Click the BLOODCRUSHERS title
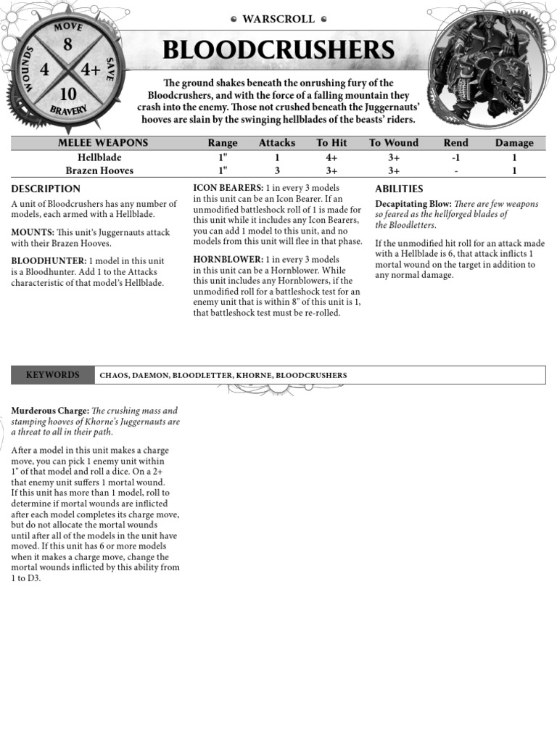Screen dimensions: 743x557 click(278, 50)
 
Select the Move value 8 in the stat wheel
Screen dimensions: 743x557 click(67, 45)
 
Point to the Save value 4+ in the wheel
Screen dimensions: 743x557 click(90, 70)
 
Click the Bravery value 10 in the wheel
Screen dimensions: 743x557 click(68, 94)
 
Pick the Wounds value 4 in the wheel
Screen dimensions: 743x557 click(45, 70)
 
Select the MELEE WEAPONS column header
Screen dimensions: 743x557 click(103, 143)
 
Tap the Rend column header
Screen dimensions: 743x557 click(455, 143)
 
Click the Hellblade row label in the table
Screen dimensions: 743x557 click(99, 157)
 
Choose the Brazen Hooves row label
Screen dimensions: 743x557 click(99, 171)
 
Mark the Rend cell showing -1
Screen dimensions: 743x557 click(455, 157)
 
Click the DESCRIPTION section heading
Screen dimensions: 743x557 click(46, 189)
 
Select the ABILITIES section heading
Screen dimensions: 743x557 click(399, 189)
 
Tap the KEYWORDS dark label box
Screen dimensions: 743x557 click(52, 375)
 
